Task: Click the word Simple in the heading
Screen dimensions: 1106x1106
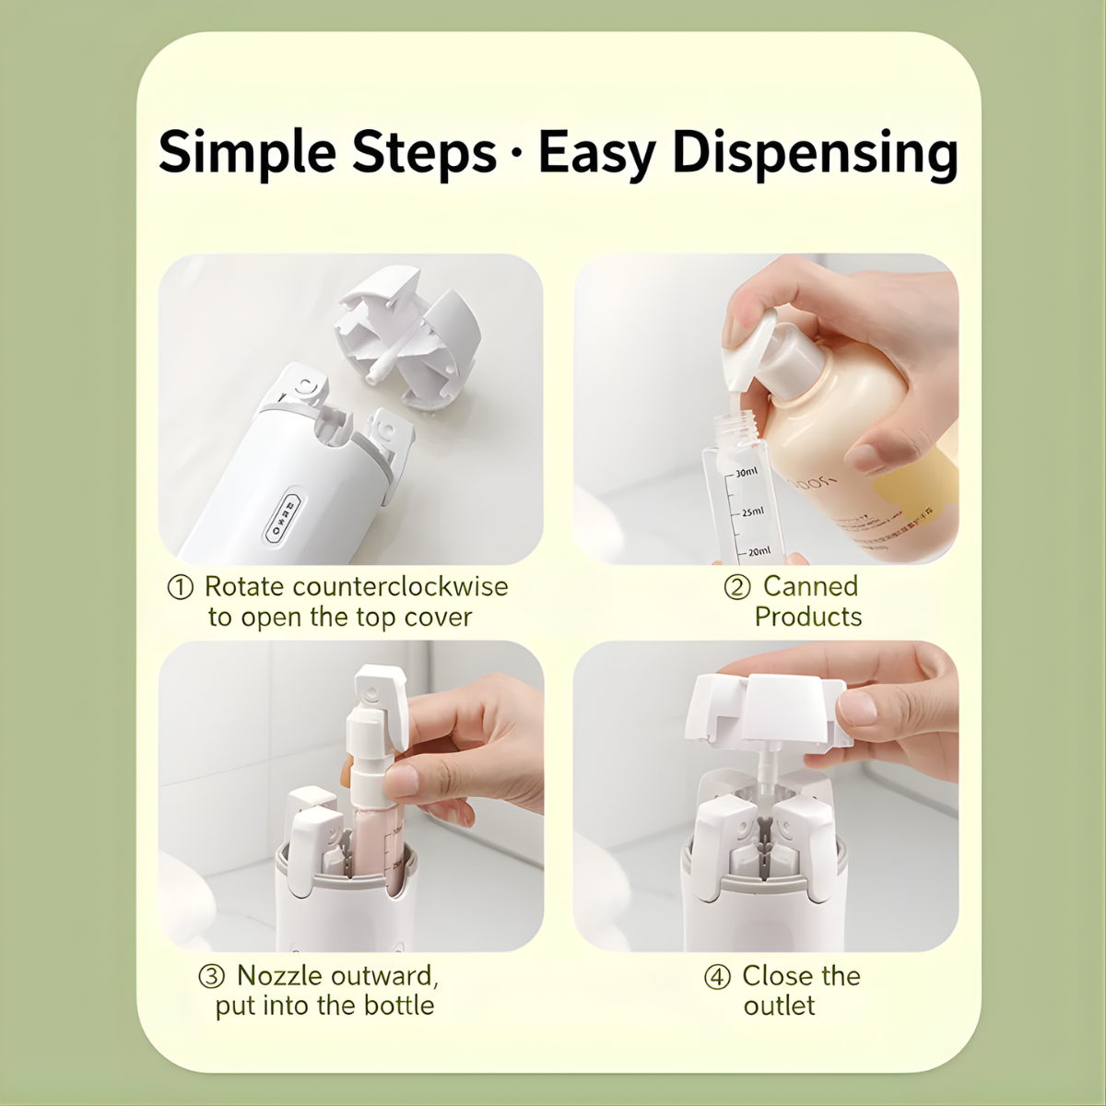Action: tap(247, 152)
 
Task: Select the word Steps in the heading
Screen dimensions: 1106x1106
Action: tap(424, 152)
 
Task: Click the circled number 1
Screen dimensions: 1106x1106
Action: tap(181, 588)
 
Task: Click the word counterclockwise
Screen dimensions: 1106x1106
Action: tap(400, 586)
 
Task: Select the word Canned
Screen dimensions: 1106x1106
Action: tap(810, 586)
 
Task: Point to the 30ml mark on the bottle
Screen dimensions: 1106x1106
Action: tap(747, 472)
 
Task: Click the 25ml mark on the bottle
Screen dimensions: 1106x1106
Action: tap(752, 512)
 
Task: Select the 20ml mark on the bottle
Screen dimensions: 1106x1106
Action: tap(759, 551)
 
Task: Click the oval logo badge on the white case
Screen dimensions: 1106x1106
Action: tap(282, 518)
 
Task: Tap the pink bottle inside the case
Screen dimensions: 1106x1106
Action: tap(376, 855)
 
